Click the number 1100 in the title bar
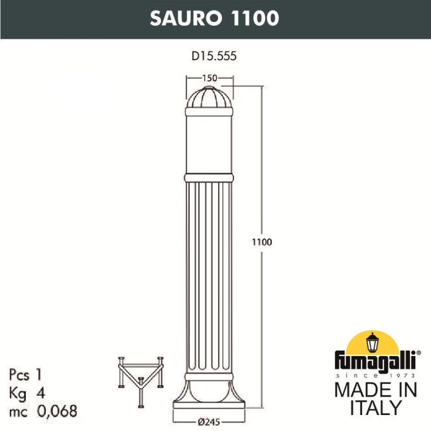point(252,18)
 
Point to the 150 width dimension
point(210,78)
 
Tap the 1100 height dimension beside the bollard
point(263,242)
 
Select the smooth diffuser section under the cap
point(210,143)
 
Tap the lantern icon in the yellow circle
point(374,341)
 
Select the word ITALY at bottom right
point(375,406)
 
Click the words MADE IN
point(375,391)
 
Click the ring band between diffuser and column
point(210,178)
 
